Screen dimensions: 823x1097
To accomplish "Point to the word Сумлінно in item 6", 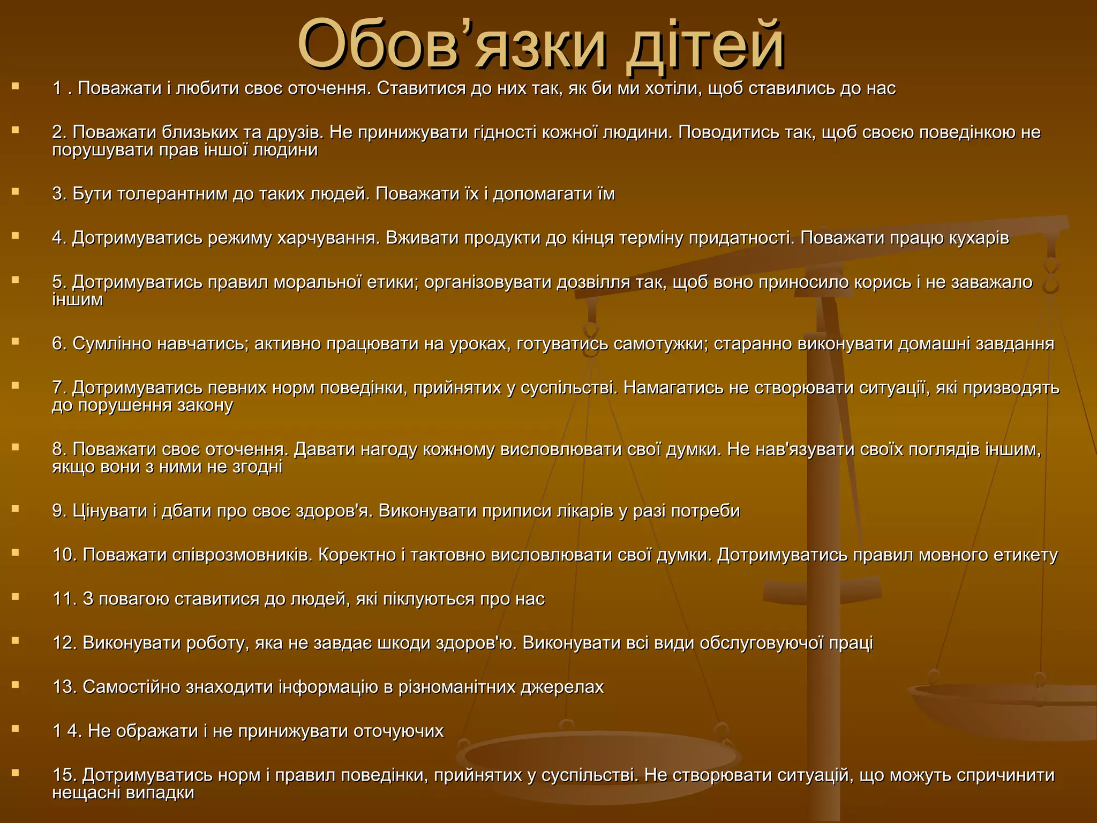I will pyautogui.click(x=111, y=343).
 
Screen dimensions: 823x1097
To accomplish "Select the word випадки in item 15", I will pyautogui.click(x=160, y=792).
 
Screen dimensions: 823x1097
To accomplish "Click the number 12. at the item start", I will pyautogui.click(x=65, y=642).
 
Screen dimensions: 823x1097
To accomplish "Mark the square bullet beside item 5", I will pyautogui.click(x=15, y=280).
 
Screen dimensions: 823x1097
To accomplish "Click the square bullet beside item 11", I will pyautogui.click(x=15, y=596).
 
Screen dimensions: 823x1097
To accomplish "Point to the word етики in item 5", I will pyautogui.click(x=390, y=282).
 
